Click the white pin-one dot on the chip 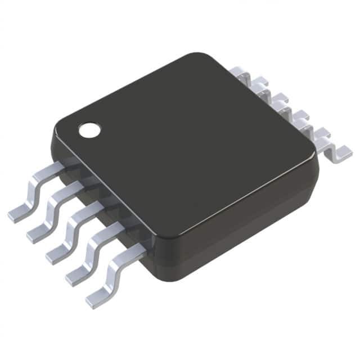(89, 130)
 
